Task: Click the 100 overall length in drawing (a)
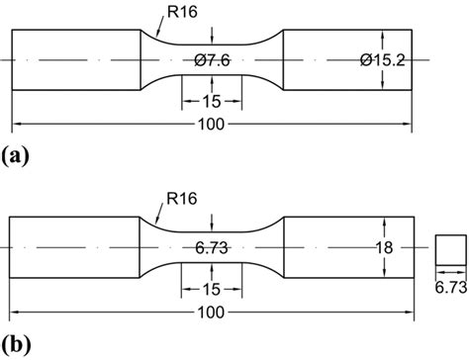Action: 211,126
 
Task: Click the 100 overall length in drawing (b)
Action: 211,312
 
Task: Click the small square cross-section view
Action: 450,249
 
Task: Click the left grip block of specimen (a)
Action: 75,60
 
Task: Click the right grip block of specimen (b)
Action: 346,246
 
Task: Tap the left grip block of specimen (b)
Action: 71,246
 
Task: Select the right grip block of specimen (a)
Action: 346,60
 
